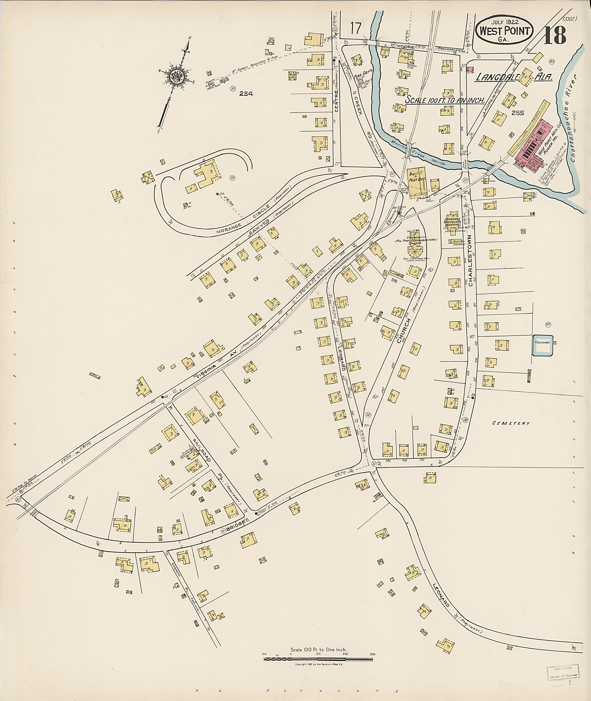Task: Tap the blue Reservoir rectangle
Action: pyautogui.click(x=543, y=345)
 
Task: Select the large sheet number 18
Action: pyautogui.click(x=555, y=35)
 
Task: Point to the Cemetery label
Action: pyautogui.click(x=511, y=423)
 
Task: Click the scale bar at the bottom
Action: pyautogui.click(x=318, y=659)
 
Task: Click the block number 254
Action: pyautogui.click(x=246, y=94)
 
